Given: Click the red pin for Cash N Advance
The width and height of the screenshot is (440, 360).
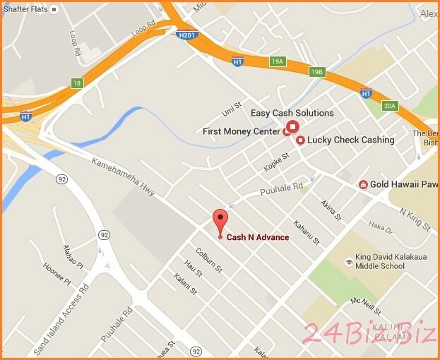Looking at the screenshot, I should tap(221, 219).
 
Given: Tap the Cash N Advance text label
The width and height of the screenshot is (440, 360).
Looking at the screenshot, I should tap(257, 238).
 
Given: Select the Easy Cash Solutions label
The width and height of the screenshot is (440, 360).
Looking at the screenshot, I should tap(292, 113).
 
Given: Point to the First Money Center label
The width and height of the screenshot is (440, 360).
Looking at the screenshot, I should tap(242, 131).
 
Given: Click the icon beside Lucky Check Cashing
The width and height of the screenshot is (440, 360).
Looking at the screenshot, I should tap(300, 140).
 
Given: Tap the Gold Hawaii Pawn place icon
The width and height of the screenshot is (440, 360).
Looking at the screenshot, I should tap(363, 185).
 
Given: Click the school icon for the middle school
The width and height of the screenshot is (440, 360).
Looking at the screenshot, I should tap(348, 262).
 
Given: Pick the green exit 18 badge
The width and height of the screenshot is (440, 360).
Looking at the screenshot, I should tap(78, 83).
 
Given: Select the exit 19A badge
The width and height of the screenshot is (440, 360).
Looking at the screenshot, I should tap(278, 62).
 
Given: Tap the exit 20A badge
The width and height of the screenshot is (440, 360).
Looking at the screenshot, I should tap(391, 106).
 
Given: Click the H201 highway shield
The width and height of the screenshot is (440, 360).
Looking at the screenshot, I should tap(186, 33).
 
